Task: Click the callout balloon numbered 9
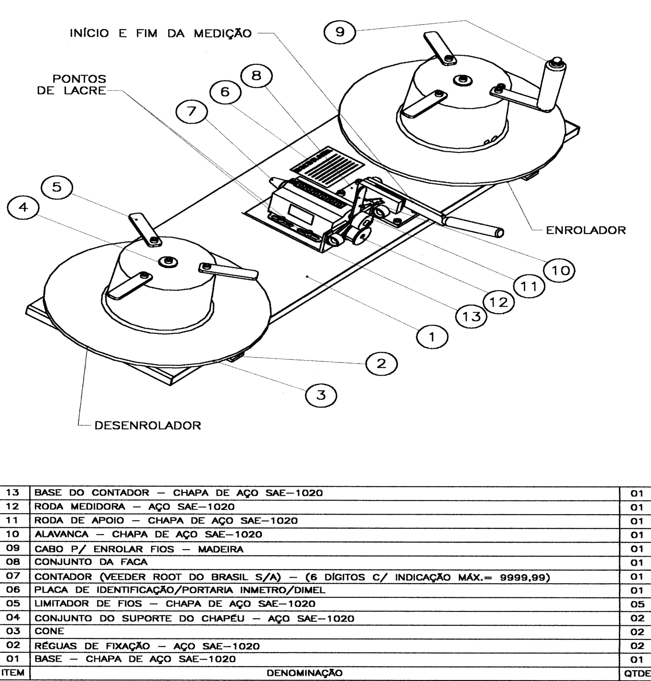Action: coord(340,33)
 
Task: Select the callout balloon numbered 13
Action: coord(472,317)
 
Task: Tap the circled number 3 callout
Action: coord(321,395)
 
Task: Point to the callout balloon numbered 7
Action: coord(192,112)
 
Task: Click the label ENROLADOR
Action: coord(586,230)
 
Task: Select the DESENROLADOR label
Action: coord(148,425)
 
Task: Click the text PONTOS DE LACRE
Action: coord(72,85)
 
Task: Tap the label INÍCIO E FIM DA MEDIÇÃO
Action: coord(161,33)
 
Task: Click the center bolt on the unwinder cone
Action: coord(168,261)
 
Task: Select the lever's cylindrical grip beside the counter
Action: coord(473,226)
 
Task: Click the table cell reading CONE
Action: coord(49,631)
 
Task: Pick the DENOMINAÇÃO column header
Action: coord(304,673)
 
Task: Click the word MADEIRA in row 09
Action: coord(220,549)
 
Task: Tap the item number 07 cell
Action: coord(13,576)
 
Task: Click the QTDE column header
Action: coord(637,673)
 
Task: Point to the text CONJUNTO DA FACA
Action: coord(91,562)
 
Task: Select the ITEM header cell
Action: coord(13,672)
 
